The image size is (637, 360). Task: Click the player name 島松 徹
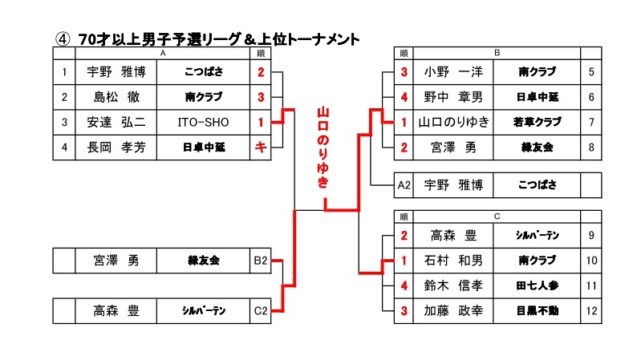116,97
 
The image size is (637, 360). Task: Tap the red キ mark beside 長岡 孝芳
260,147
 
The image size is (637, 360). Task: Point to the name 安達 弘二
116,122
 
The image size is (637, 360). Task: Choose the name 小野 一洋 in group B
453,72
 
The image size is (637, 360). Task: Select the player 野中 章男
453,97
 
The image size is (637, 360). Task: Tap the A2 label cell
405,184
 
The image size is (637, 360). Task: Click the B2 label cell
260,261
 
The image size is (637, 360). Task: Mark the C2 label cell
260,309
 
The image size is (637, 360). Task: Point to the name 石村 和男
453,261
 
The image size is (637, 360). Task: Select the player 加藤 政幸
453,309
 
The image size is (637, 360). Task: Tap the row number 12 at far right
590,309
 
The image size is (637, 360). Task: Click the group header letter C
497,216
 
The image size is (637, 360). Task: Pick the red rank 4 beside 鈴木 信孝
405,285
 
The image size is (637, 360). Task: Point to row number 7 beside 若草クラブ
590,122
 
